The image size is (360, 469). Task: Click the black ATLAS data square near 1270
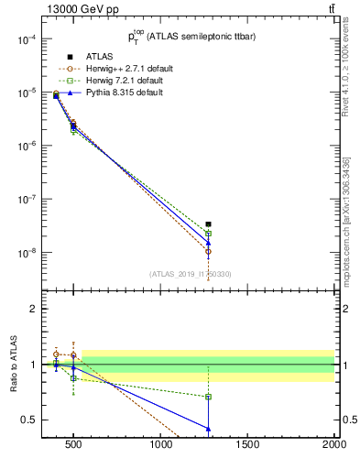point(209,224)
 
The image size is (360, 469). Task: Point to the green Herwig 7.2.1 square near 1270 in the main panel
point(209,234)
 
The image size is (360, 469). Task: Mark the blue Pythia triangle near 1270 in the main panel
point(209,243)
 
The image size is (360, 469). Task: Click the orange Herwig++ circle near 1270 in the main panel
point(209,251)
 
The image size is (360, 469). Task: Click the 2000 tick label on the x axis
point(334,446)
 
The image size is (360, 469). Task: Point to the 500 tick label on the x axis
point(73,446)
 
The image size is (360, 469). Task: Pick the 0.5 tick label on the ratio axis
point(28,420)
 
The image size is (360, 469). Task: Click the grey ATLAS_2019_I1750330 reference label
point(191,274)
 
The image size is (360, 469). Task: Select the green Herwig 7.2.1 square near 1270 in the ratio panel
point(209,397)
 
